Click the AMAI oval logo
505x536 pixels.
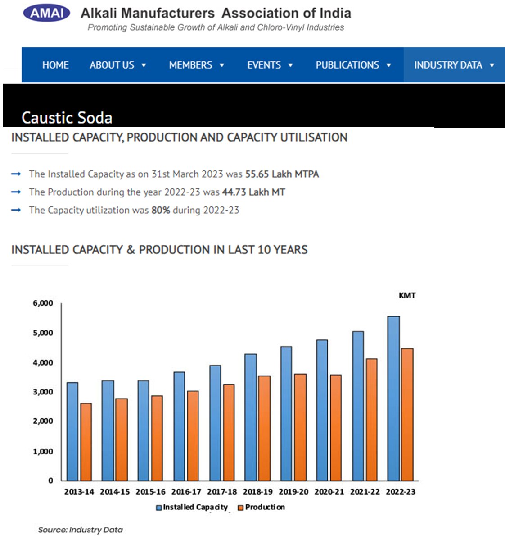click(x=46, y=13)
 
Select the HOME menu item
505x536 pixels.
click(x=55, y=65)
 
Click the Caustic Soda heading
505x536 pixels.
click(x=67, y=118)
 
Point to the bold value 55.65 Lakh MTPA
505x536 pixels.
click(x=282, y=174)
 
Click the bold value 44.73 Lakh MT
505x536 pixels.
click(x=253, y=192)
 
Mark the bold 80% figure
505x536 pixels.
click(x=160, y=210)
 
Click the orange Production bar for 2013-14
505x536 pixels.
click(x=86, y=442)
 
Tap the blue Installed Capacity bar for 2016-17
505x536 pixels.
click(x=179, y=426)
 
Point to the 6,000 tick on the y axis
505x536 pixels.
click(x=43, y=303)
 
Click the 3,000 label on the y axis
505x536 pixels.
click(x=43, y=392)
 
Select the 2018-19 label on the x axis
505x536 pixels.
click(x=257, y=491)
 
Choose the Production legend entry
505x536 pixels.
click(x=262, y=507)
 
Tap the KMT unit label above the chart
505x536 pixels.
click(x=407, y=295)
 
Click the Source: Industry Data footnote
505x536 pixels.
click(x=80, y=530)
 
